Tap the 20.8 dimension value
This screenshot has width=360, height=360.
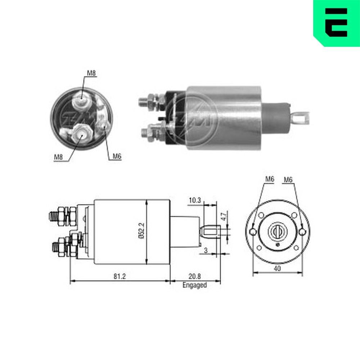[x=195, y=276]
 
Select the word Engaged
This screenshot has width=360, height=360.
[x=195, y=285]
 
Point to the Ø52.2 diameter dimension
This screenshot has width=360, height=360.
[x=141, y=232]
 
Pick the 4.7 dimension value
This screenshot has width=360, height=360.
[x=223, y=217]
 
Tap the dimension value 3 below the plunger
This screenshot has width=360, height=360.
[x=206, y=251]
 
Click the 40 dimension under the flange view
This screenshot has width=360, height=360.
[x=278, y=268]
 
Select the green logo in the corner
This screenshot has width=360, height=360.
[x=336, y=22]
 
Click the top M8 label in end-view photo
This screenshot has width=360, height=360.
[x=91, y=73]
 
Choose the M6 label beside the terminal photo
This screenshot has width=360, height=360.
[x=117, y=156]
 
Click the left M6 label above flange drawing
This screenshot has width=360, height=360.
[x=270, y=179]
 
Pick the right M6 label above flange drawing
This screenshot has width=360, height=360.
[x=288, y=179]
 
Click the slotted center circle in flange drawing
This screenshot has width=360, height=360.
[x=278, y=231]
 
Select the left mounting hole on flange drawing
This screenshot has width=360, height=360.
[x=253, y=231]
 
